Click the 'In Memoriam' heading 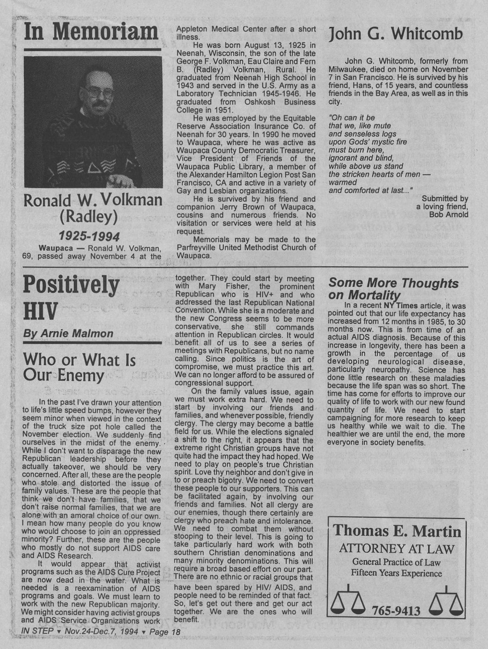pos(91,33)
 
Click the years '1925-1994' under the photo pos(92,237)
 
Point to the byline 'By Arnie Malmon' pos(68,334)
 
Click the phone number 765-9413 pos(396,611)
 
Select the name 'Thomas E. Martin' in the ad pos(397,530)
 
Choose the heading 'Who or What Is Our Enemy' pos(79,367)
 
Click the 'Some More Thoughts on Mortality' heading pos(393,289)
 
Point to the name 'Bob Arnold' pos(449,214)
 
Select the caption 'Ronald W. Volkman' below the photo pos(92,201)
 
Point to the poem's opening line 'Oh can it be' pos(352,118)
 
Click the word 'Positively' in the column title pos(71,285)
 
